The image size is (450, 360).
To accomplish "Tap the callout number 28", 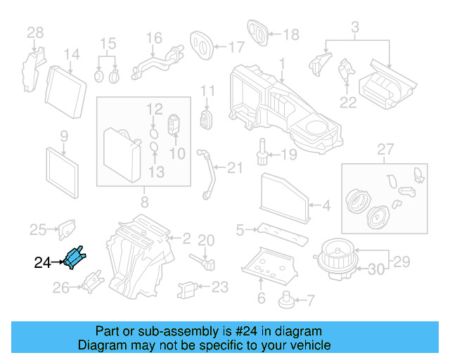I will (35, 32).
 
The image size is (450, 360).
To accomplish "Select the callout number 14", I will (72, 54).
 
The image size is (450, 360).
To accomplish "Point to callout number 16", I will (153, 37).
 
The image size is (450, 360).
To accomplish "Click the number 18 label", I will (290, 34).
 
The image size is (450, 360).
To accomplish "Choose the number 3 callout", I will (355, 27).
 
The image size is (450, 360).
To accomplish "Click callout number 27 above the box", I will (384, 149).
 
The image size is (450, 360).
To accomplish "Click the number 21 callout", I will (234, 167).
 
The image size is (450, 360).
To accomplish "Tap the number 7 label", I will (310, 300).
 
